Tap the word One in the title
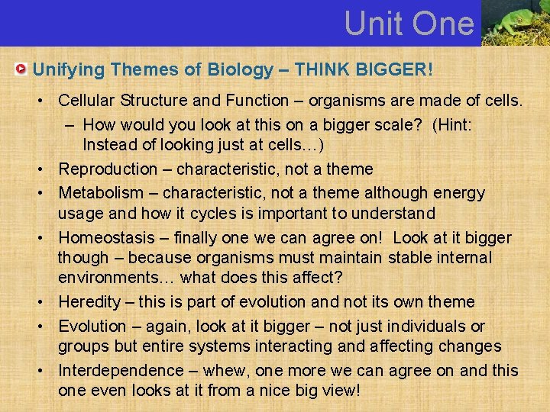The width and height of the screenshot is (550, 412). tap(442, 24)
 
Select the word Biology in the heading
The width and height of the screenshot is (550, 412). tap(238, 70)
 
